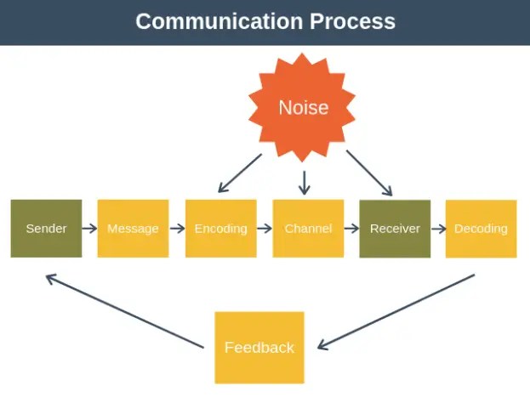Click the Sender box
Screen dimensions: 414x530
coord(46,228)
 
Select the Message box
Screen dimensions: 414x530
coord(133,228)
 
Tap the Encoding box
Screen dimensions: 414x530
coord(220,228)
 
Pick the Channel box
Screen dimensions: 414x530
coord(308,228)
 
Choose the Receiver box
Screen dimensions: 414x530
coord(395,228)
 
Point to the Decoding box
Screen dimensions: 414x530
coord(481,228)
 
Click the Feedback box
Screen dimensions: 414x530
coord(259,347)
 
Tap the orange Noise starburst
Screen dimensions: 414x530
coord(303,107)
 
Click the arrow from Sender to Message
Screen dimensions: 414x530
coord(89,228)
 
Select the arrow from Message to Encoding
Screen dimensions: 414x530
coord(177,228)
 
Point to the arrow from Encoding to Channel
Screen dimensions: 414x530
coord(264,228)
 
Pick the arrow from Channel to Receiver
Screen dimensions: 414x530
coord(351,228)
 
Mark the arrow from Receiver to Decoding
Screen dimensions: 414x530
coord(438,228)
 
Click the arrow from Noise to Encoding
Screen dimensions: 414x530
coord(240,173)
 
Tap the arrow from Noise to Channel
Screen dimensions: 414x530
coord(305,182)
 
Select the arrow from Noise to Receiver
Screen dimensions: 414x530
coord(369,173)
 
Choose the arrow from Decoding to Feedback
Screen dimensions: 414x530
coord(396,311)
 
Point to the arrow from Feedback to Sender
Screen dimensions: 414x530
coord(124,310)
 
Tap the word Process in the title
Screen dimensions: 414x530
coord(354,21)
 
